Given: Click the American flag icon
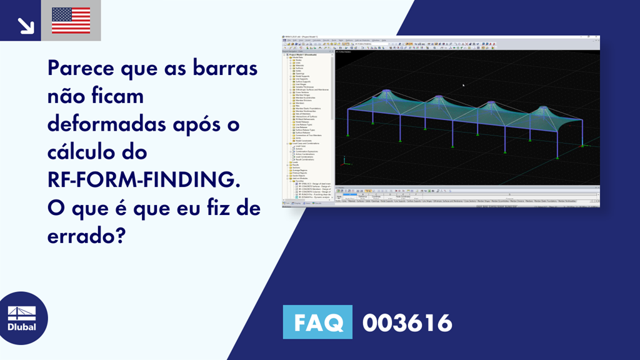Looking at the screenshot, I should pos(71,21).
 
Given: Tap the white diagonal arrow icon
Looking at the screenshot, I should pos(25,25).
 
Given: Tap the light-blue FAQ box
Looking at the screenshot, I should pos(317,323).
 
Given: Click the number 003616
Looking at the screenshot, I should pos(407,323).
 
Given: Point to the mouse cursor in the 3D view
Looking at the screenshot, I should pos(463,85).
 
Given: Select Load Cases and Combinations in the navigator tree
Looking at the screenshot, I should pos(304,143).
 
